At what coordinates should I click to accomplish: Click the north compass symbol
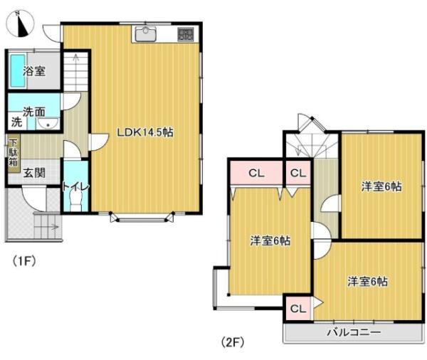point(22,24)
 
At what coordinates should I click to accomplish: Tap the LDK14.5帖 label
point(146,132)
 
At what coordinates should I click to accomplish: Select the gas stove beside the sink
point(185,34)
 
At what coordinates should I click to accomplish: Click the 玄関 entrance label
point(33,172)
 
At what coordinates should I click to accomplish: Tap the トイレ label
point(75,186)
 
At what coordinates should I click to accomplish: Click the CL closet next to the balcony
point(298,309)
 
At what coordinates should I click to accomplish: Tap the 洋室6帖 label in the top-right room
point(381,186)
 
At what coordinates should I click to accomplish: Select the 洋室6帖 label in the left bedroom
point(270,240)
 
